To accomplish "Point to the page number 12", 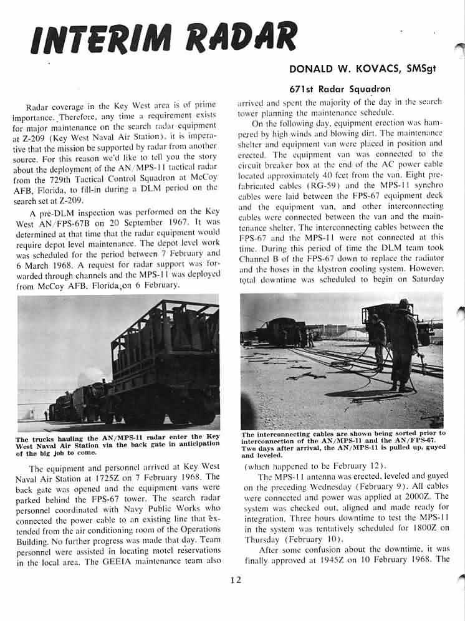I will [235, 580].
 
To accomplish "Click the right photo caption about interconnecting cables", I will [342, 444].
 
